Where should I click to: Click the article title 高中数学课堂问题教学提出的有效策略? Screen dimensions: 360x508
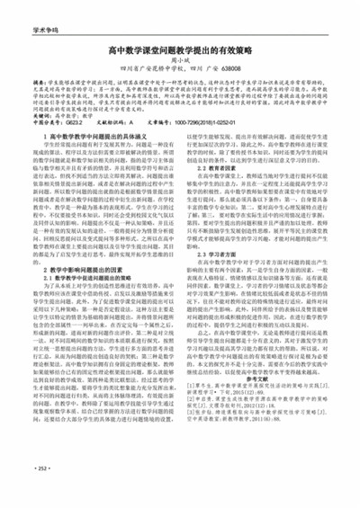point(180,53)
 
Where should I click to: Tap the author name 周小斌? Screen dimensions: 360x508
point(179,66)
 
